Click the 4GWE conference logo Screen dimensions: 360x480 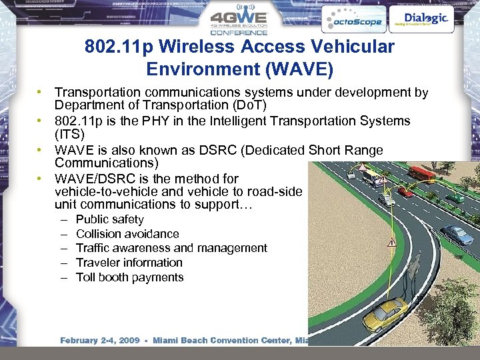tap(239, 21)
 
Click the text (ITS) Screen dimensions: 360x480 tap(69, 135)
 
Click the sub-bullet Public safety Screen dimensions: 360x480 tap(110, 219)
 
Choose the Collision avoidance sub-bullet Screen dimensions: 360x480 tap(127, 234)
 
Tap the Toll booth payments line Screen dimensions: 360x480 tap(129, 277)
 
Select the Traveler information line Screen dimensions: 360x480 tap(129, 263)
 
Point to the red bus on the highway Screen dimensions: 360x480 tap(421, 174)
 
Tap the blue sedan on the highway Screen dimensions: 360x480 tap(457, 235)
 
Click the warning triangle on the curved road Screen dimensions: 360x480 tap(392, 243)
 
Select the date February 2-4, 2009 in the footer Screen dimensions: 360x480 tap(100, 341)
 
